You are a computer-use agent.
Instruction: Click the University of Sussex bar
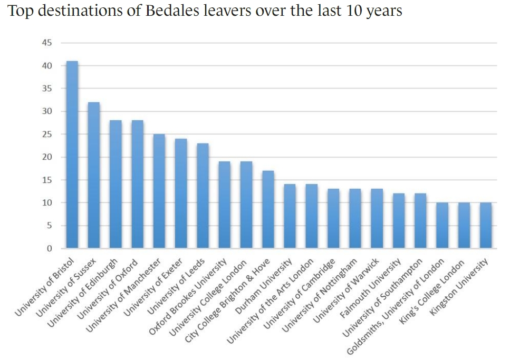click(x=93, y=175)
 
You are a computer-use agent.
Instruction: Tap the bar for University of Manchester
click(x=159, y=191)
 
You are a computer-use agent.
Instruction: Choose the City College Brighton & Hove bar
click(x=268, y=209)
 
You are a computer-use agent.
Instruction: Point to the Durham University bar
click(x=290, y=216)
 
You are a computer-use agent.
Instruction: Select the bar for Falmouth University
click(x=398, y=221)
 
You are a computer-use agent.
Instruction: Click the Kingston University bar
click(x=485, y=226)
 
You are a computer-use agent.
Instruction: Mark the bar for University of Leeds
click(x=203, y=196)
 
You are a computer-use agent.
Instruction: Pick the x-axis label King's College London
click(x=433, y=290)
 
